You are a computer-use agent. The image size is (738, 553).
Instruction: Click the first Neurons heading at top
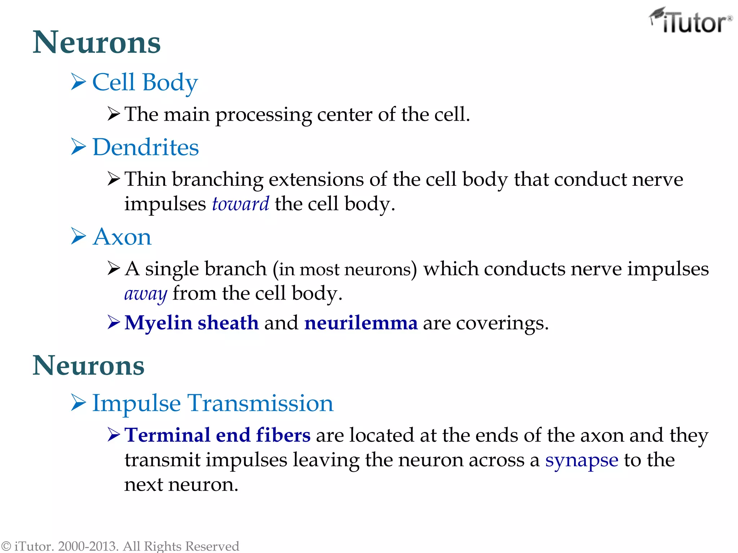(97, 42)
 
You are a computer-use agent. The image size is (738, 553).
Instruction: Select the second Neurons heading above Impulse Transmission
(89, 365)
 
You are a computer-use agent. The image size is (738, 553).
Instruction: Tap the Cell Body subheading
(145, 82)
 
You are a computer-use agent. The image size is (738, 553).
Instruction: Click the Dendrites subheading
(146, 147)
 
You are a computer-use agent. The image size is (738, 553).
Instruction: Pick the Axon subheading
(122, 237)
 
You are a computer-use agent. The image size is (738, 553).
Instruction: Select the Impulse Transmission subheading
(213, 403)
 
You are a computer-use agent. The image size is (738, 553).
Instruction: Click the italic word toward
(240, 204)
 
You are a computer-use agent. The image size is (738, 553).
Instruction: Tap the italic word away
(146, 293)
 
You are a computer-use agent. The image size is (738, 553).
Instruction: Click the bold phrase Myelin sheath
(192, 323)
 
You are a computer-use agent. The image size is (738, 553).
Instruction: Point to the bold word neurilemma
(361, 323)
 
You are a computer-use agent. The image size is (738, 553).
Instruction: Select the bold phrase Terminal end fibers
(217, 435)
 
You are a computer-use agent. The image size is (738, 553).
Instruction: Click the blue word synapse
(582, 460)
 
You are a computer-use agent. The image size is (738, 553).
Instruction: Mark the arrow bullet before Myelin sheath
(114, 322)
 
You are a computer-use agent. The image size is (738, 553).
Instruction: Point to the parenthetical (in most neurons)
(345, 269)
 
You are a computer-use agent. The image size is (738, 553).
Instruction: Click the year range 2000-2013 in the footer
(88, 546)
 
